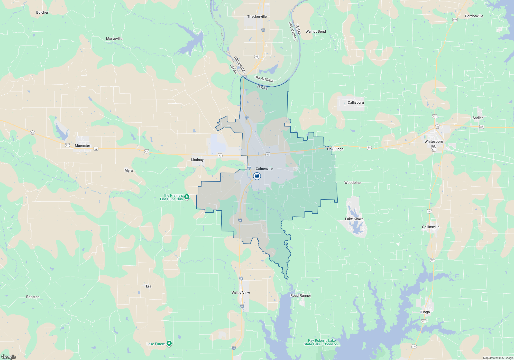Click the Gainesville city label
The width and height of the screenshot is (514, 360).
(x=264, y=169)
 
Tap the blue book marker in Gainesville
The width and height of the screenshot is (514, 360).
(x=257, y=176)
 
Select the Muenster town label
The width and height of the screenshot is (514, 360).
(x=82, y=146)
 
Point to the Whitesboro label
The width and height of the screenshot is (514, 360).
(x=434, y=141)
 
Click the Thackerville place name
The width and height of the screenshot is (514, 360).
(x=257, y=16)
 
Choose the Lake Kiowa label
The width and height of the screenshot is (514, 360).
(x=354, y=219)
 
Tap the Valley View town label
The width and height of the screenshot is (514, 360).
(x=241, y=293)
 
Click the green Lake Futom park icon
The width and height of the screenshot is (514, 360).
(x=169, y=344)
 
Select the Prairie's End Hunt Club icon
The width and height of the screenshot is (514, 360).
(x=187, y=197)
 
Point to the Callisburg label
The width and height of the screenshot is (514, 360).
(x=356, y=102)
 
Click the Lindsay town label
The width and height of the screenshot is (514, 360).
(x=197, y=160)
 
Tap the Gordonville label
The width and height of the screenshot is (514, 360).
(x=474, y=16)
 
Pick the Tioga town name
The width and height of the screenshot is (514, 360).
(x=425, y=312)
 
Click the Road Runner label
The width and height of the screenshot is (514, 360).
(x=300, y=295)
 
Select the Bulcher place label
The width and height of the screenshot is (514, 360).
(x=42, y=12)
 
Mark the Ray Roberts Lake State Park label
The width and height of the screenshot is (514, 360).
(x=322, y=342)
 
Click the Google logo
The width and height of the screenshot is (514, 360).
(x=9, y=357)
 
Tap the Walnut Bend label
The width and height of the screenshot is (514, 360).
(x=315, y=31)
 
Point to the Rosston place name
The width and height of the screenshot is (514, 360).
(x=33, y=297)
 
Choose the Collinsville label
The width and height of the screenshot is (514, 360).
(x=430, y=227)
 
